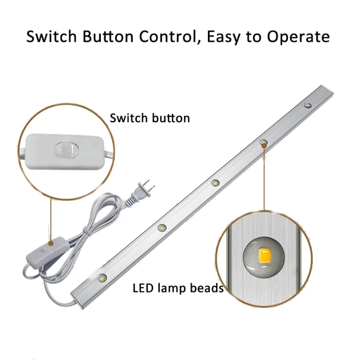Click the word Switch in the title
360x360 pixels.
(x=51, y=36)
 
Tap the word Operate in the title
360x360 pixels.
(x=298, y=37)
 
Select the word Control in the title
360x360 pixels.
(x=168, y=37)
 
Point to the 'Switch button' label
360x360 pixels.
(x=150, y=118)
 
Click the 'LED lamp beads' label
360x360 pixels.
(x=178, y=288)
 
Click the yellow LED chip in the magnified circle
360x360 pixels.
(x=264, y=255)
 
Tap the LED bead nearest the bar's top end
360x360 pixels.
(x=308, y=106)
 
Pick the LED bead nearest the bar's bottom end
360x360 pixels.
(x=102, y=278)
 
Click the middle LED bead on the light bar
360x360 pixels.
(x=215, y=183)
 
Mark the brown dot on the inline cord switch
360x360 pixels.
(x=51, y=243)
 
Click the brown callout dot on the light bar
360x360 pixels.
(x=264, y=144)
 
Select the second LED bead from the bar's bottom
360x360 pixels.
(x=162, y=228)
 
